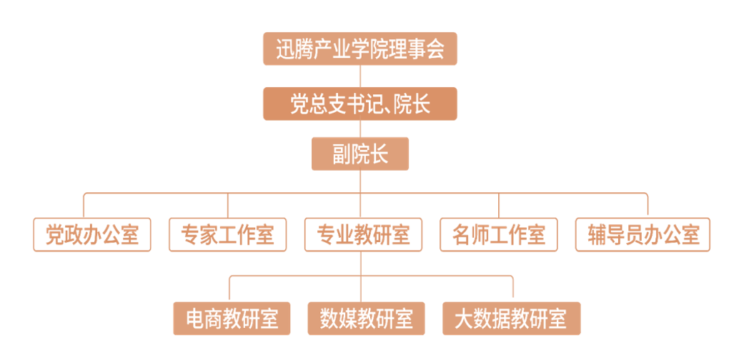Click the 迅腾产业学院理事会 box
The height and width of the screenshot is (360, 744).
(359, 49)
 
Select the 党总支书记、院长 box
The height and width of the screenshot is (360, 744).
(359, 104)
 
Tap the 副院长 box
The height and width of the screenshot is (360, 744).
(359, 154)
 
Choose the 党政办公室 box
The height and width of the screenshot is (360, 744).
(92, 235)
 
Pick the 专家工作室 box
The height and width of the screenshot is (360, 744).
(228, 235)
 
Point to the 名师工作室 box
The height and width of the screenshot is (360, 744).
(499, 235)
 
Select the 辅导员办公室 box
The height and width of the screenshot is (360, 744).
(643, 235)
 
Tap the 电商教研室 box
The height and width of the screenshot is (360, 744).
(232, 319)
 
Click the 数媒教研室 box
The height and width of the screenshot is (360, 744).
(366, 319)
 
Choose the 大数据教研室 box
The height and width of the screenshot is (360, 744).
(511, 319)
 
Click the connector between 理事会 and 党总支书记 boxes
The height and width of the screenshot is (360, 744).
(359, 76)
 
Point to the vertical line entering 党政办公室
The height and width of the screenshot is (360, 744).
(84, 206)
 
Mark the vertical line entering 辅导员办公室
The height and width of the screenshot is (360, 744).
(648, 206)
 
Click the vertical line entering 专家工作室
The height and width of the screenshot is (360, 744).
(228, 206)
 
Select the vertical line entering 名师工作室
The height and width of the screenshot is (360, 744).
(499, 206)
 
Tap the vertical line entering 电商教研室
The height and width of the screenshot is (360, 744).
(229, 289)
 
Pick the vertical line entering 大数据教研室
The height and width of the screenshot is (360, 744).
(513, 289)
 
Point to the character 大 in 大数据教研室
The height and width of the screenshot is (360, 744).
(465, 319)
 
